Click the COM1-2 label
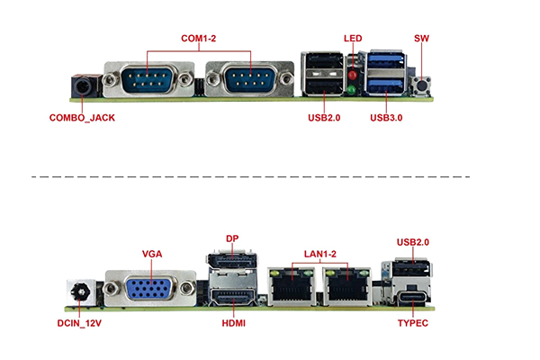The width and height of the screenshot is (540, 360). click(x=199, y=39)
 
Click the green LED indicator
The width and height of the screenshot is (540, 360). click(x=353, y=90)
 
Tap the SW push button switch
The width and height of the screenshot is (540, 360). click(x=419, y=85)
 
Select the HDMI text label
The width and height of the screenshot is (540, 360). click(x=232, y=322)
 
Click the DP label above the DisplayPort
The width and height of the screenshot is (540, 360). click(x=232, y=239)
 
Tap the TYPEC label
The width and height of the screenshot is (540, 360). click(x=413, y=322)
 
